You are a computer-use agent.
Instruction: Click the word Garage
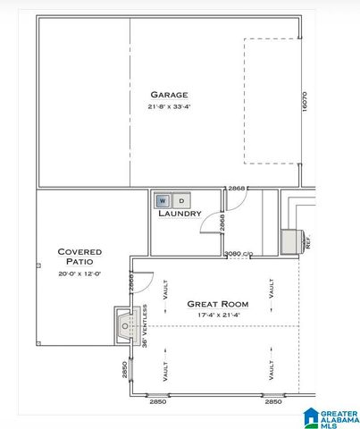[x=168, y=94]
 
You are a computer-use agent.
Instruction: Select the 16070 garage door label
[x=304, y=100]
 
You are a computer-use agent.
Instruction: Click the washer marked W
[x=163, y=201]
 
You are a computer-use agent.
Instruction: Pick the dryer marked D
[x=180, y=201]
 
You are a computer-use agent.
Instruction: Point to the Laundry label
[x=180, y=214]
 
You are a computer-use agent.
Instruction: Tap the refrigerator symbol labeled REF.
[x=292, y=241]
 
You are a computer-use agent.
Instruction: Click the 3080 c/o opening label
[x=238, y=255]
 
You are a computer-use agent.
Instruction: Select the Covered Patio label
[x=80, y=257]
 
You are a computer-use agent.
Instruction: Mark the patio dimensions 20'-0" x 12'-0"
[x=80, y=273]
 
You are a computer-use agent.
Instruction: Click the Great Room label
[x=217, y=304]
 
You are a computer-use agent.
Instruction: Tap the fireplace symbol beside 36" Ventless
[x=123, y=327]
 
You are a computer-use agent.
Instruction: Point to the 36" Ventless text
[x=144, y=327]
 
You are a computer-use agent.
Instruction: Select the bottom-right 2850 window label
[x=273, y=402]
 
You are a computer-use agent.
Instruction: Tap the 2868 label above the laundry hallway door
[x=237, y=189]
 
